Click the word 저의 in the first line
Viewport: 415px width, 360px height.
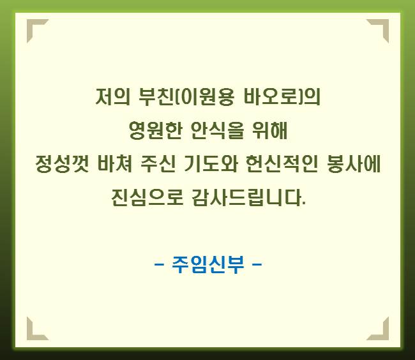113,96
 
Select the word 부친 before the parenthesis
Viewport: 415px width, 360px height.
156,96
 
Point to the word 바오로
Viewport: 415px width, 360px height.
270,96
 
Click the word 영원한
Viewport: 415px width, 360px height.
156,130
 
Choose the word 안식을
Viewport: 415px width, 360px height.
217,130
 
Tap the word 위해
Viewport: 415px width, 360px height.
269,130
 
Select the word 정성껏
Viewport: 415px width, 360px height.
62,164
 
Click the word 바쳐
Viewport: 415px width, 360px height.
114,164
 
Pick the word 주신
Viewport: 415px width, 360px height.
158,164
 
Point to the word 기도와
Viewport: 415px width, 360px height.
211,164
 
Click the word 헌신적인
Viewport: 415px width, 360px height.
282,164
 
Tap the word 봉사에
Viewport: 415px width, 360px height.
354,164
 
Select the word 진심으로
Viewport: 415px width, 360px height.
147,198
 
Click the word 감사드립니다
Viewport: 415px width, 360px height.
249,198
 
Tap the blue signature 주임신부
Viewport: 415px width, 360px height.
208,264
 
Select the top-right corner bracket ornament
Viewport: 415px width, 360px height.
385,23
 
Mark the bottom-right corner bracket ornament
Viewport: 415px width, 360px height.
385,336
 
